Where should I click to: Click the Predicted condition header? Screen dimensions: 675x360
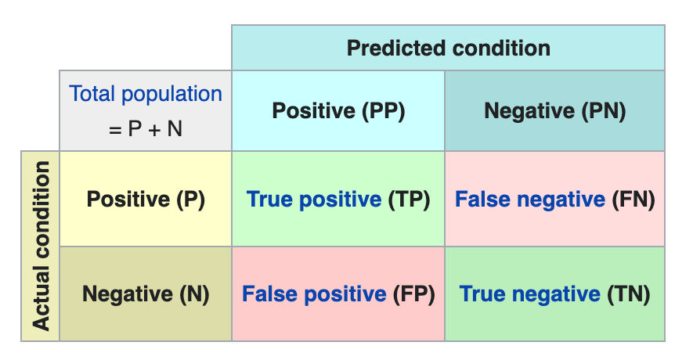click(x=448, y=48)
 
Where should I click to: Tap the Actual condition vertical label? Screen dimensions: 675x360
click(x=42, y=246)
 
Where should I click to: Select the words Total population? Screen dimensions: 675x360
click(x=146, y=94)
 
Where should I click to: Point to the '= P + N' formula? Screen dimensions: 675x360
click(x=146, y=128)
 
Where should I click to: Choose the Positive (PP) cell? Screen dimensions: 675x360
click(x=338, y=111)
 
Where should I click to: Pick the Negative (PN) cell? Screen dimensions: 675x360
click(x=555, y=111)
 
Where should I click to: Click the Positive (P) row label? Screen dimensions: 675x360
click(x=146, y=199)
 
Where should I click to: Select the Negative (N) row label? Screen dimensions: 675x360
click(x=146, y=294)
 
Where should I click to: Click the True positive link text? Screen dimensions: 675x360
click(x=314, y=199)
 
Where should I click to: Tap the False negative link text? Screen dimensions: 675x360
click(x=530, y=199)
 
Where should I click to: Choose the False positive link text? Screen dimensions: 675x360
click(x=314, y=294)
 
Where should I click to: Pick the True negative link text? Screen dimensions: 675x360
click(x=529, y=294)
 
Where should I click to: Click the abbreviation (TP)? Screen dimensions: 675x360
click(x=409, y=199)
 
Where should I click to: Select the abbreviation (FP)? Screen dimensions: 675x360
click(x=413, y=294)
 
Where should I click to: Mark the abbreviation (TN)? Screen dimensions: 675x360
click(x=628, y=294)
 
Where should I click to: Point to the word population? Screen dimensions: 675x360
click(x=171, y=94)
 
